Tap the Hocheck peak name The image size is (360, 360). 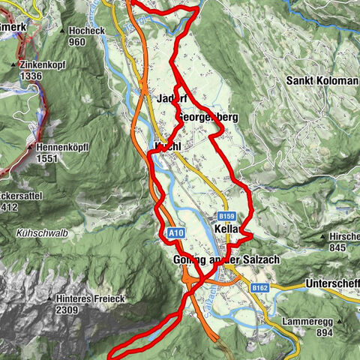pos(87,31)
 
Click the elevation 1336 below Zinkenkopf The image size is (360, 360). pos(34,76)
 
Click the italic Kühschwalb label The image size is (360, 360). pos(40,233)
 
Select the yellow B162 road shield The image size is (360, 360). pos(260,287)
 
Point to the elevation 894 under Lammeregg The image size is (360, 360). pos(325,332)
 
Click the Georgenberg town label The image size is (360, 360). pos(208,118)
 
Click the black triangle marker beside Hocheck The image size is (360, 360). pos(61,31)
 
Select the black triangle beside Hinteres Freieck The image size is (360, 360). pos(50,298)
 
